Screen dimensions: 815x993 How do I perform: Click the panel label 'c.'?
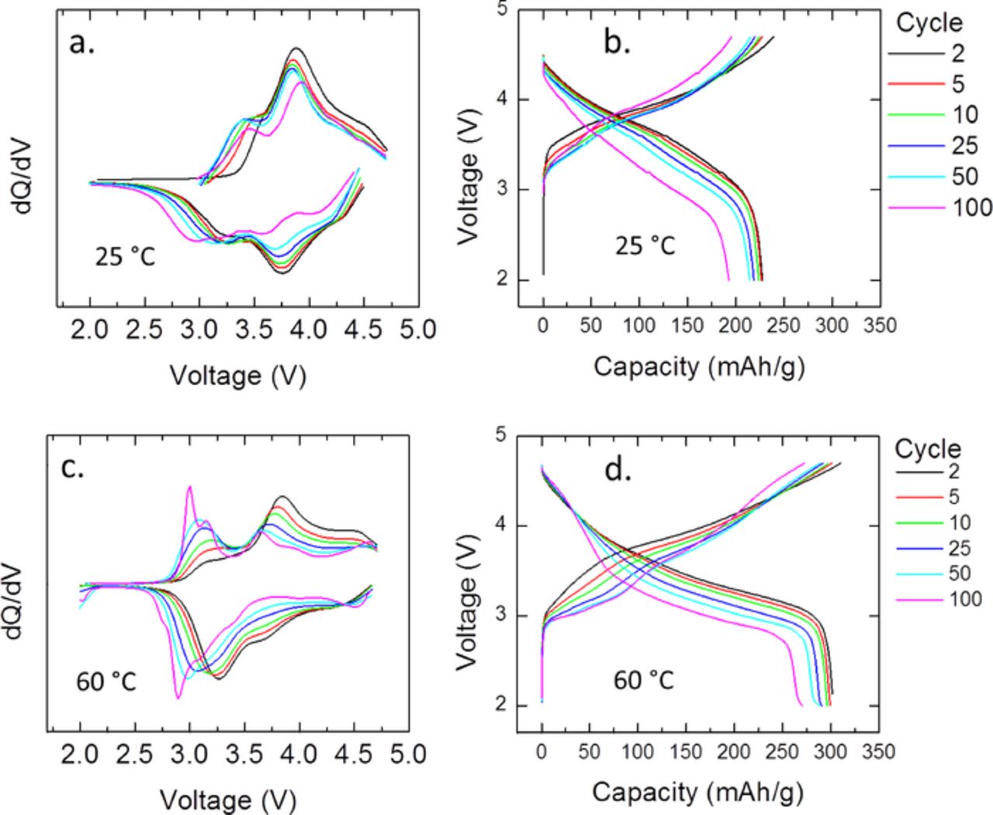pyautogui.click(x=73, y=468)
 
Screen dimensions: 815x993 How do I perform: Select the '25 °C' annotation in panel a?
pyautogui.click(x=126, y=256)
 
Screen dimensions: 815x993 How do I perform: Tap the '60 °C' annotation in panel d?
pyautogui.click(x=644, y=681)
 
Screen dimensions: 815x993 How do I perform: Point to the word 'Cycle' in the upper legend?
pyautogui.click(x=929, y=23)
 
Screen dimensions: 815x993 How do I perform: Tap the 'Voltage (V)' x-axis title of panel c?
pyautogui.click(x=228, y=799)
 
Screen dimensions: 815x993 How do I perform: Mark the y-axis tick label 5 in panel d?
pyautogui.click(x=500, y=436)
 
